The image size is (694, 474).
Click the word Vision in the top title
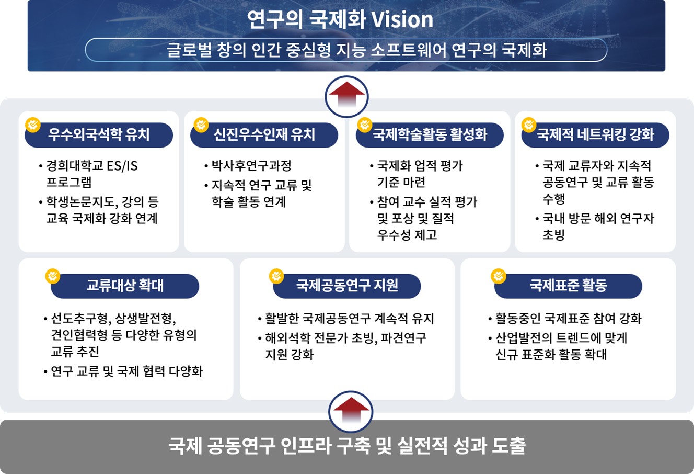(402, 19)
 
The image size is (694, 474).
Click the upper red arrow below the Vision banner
(346, 94)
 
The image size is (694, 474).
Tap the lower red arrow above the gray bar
(351, 410)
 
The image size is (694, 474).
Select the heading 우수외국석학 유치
(99, 134)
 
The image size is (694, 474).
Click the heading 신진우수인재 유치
(264, 134)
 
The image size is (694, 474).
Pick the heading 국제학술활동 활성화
(430, 134)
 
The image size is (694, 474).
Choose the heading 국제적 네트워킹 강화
(595, 134)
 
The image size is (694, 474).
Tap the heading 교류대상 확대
(125, 285)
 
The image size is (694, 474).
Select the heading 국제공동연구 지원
(347, 285)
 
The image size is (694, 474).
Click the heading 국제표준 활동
(568, 285)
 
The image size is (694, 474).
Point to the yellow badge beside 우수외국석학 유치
(33, 125)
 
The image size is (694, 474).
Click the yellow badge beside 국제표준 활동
(499, 276)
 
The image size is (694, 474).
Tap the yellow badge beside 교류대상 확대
(53, 276)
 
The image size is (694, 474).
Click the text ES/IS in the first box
(122, 166)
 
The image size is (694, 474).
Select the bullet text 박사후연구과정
(251, 166)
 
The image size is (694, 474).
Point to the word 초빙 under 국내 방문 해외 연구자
(553, 235)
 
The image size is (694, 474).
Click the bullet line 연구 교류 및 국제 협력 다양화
(126, 371)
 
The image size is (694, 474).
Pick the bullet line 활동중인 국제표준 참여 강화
(569, 319)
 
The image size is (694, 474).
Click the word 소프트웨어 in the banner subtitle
(408, 50)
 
